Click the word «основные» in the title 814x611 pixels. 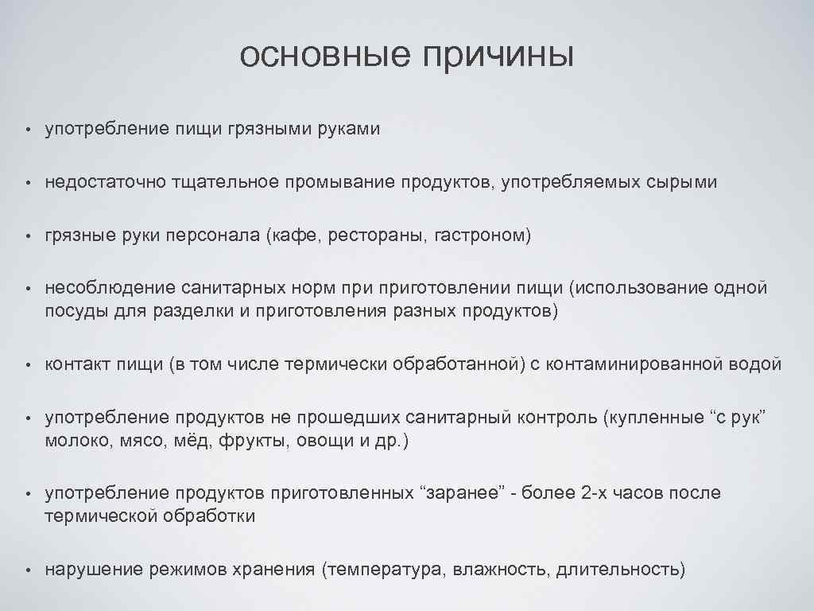325,55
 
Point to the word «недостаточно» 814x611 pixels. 105,182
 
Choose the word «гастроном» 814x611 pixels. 480,235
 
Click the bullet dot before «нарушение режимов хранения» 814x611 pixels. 26,570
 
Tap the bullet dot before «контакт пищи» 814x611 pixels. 26,365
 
